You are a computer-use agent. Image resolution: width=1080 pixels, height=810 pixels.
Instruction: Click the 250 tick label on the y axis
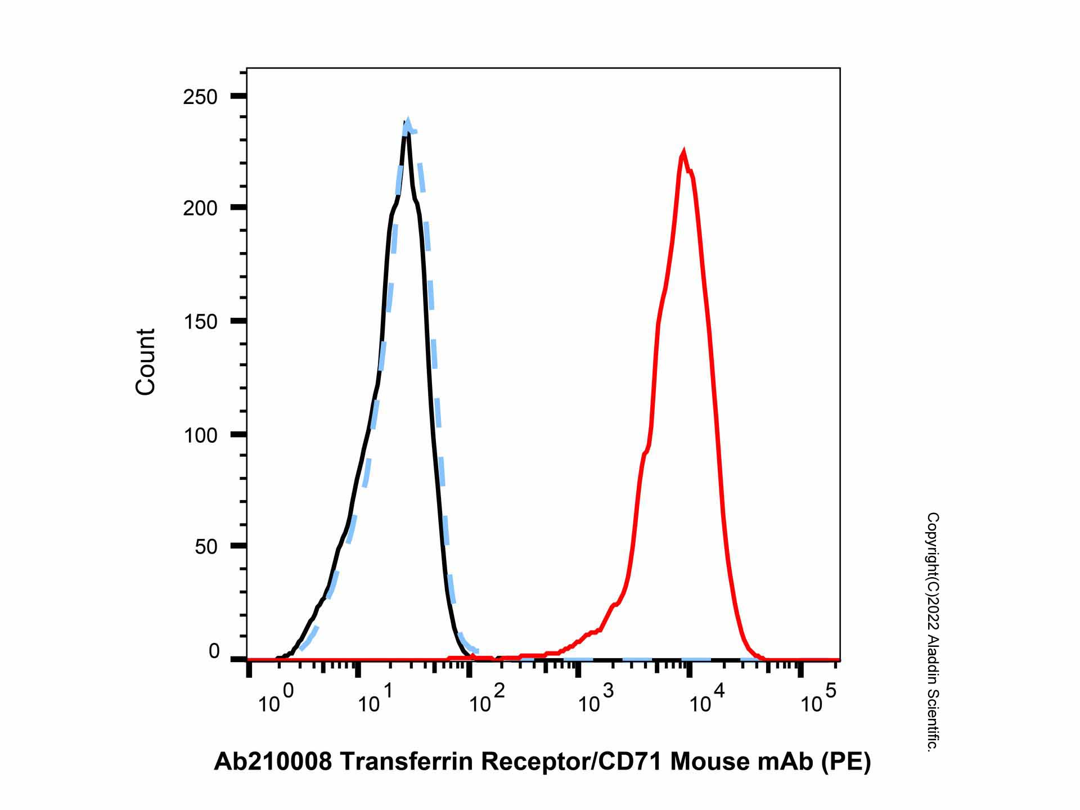pos(200,97)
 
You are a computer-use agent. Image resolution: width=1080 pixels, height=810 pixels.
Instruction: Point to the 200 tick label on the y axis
pos(200,208)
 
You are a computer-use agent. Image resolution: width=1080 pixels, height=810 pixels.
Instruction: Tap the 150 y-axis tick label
pos(200,322)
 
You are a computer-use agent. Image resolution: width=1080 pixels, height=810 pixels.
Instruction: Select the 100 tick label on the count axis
pos(200,435)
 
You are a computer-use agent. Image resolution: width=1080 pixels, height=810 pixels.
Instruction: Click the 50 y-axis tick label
pos(206,546)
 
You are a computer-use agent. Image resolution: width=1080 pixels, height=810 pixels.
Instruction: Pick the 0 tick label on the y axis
pos(214,651)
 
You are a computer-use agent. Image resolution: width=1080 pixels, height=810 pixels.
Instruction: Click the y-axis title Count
pos(145,362)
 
